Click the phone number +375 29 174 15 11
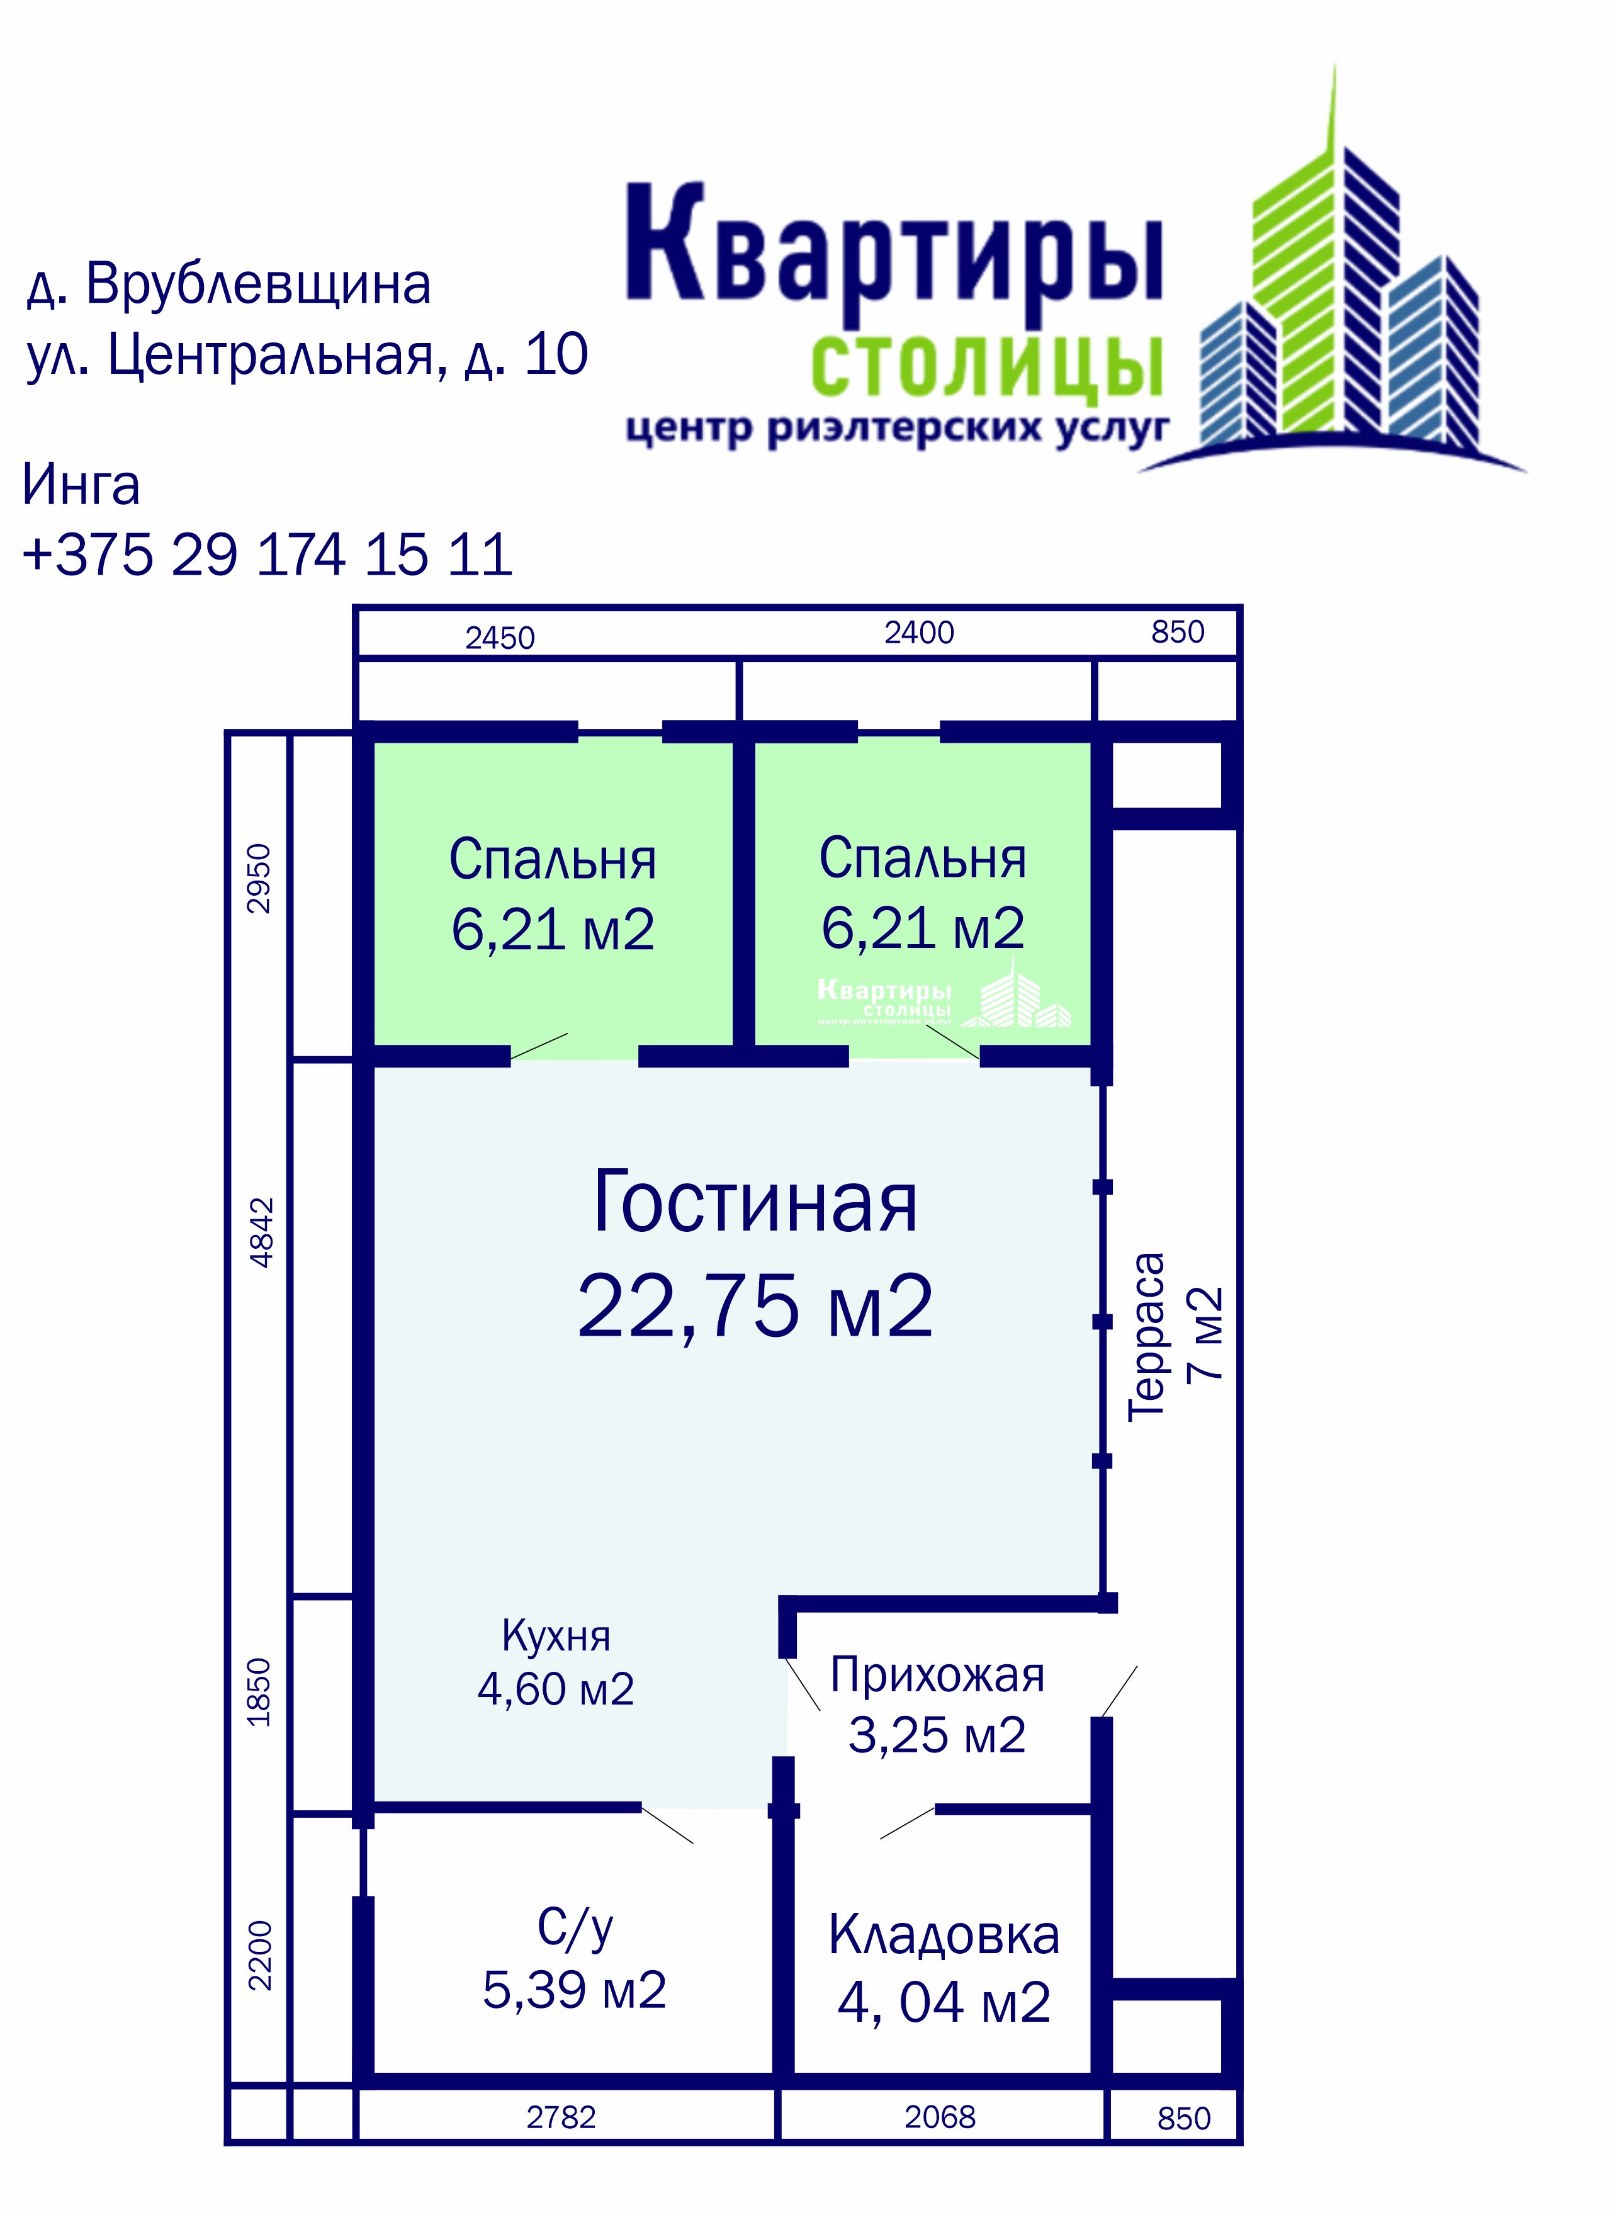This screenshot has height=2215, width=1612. [x=268, y=556]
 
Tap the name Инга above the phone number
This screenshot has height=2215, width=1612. [x=81, y=485]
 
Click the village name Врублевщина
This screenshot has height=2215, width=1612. [x=258, y=285]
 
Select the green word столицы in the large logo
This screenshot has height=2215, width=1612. [x=987, y=367]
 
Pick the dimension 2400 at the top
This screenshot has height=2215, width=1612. [x=919, y=633]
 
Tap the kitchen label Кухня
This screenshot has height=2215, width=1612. [x=556, y=1636]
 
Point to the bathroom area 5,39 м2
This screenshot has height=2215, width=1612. [x=574, y=1990]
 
